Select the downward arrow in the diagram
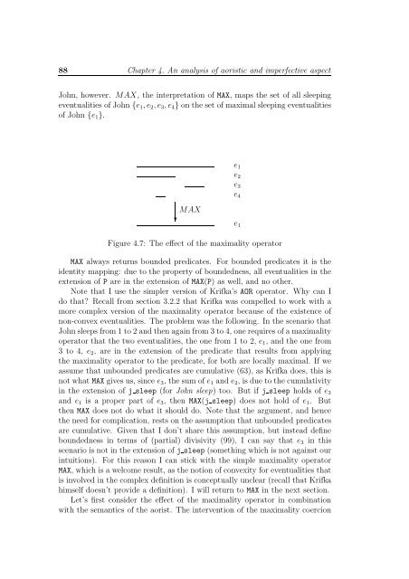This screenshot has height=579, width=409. point(175,210)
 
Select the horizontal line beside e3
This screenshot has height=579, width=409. point(194,185)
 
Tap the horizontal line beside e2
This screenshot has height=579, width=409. point(155,176)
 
